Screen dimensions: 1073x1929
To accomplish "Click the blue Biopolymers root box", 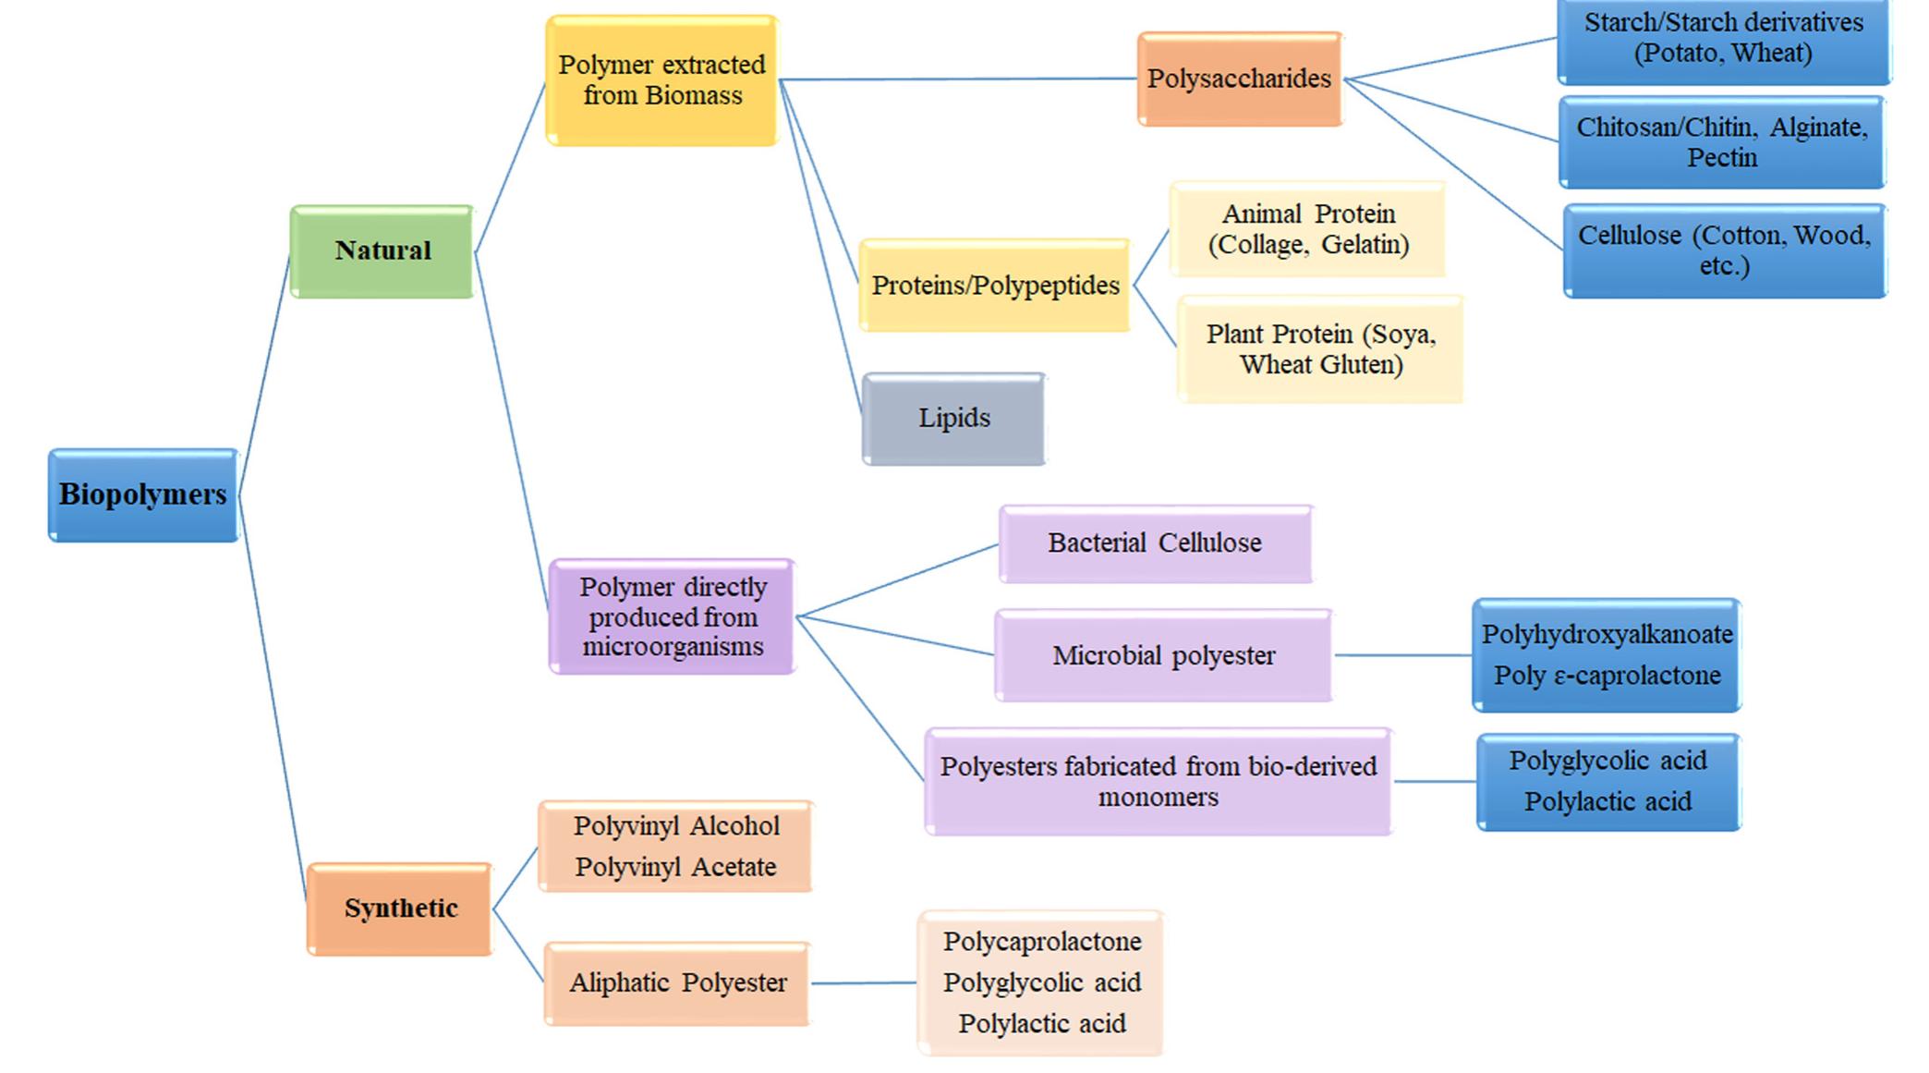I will (143, 494).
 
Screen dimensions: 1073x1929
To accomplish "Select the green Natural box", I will (382, 250).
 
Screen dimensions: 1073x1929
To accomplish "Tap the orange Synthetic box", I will (400, 908).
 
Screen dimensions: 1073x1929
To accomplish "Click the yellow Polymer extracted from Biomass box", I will (661, 80).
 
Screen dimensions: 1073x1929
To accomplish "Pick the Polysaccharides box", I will (1239, 79).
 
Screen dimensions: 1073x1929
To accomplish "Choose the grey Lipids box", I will (953, 418).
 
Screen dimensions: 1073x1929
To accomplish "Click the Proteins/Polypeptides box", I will (994, 286).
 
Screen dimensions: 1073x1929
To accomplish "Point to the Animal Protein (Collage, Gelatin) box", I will (1307, 229).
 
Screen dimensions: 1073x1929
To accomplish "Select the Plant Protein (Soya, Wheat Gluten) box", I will (1320, 348).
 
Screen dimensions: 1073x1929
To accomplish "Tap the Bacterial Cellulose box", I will (1155, 543).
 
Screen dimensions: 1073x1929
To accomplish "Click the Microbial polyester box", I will (1163, 655).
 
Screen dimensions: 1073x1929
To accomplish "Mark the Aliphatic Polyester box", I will (677, 982).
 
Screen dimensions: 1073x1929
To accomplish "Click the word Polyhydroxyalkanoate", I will (1607, 634).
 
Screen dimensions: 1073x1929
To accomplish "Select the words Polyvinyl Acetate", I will (675, 867).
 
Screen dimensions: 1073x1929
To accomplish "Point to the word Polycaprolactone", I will (1041, 942).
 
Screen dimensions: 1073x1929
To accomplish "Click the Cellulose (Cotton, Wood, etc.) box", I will (1724, 250).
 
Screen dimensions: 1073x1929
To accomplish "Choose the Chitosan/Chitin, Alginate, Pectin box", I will (1721, 142).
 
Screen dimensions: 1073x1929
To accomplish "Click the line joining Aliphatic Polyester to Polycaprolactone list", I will (864, 983).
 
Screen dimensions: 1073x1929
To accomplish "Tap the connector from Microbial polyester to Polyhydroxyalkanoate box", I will (1402, 655).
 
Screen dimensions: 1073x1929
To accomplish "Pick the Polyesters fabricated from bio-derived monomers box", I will (1158, 781).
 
